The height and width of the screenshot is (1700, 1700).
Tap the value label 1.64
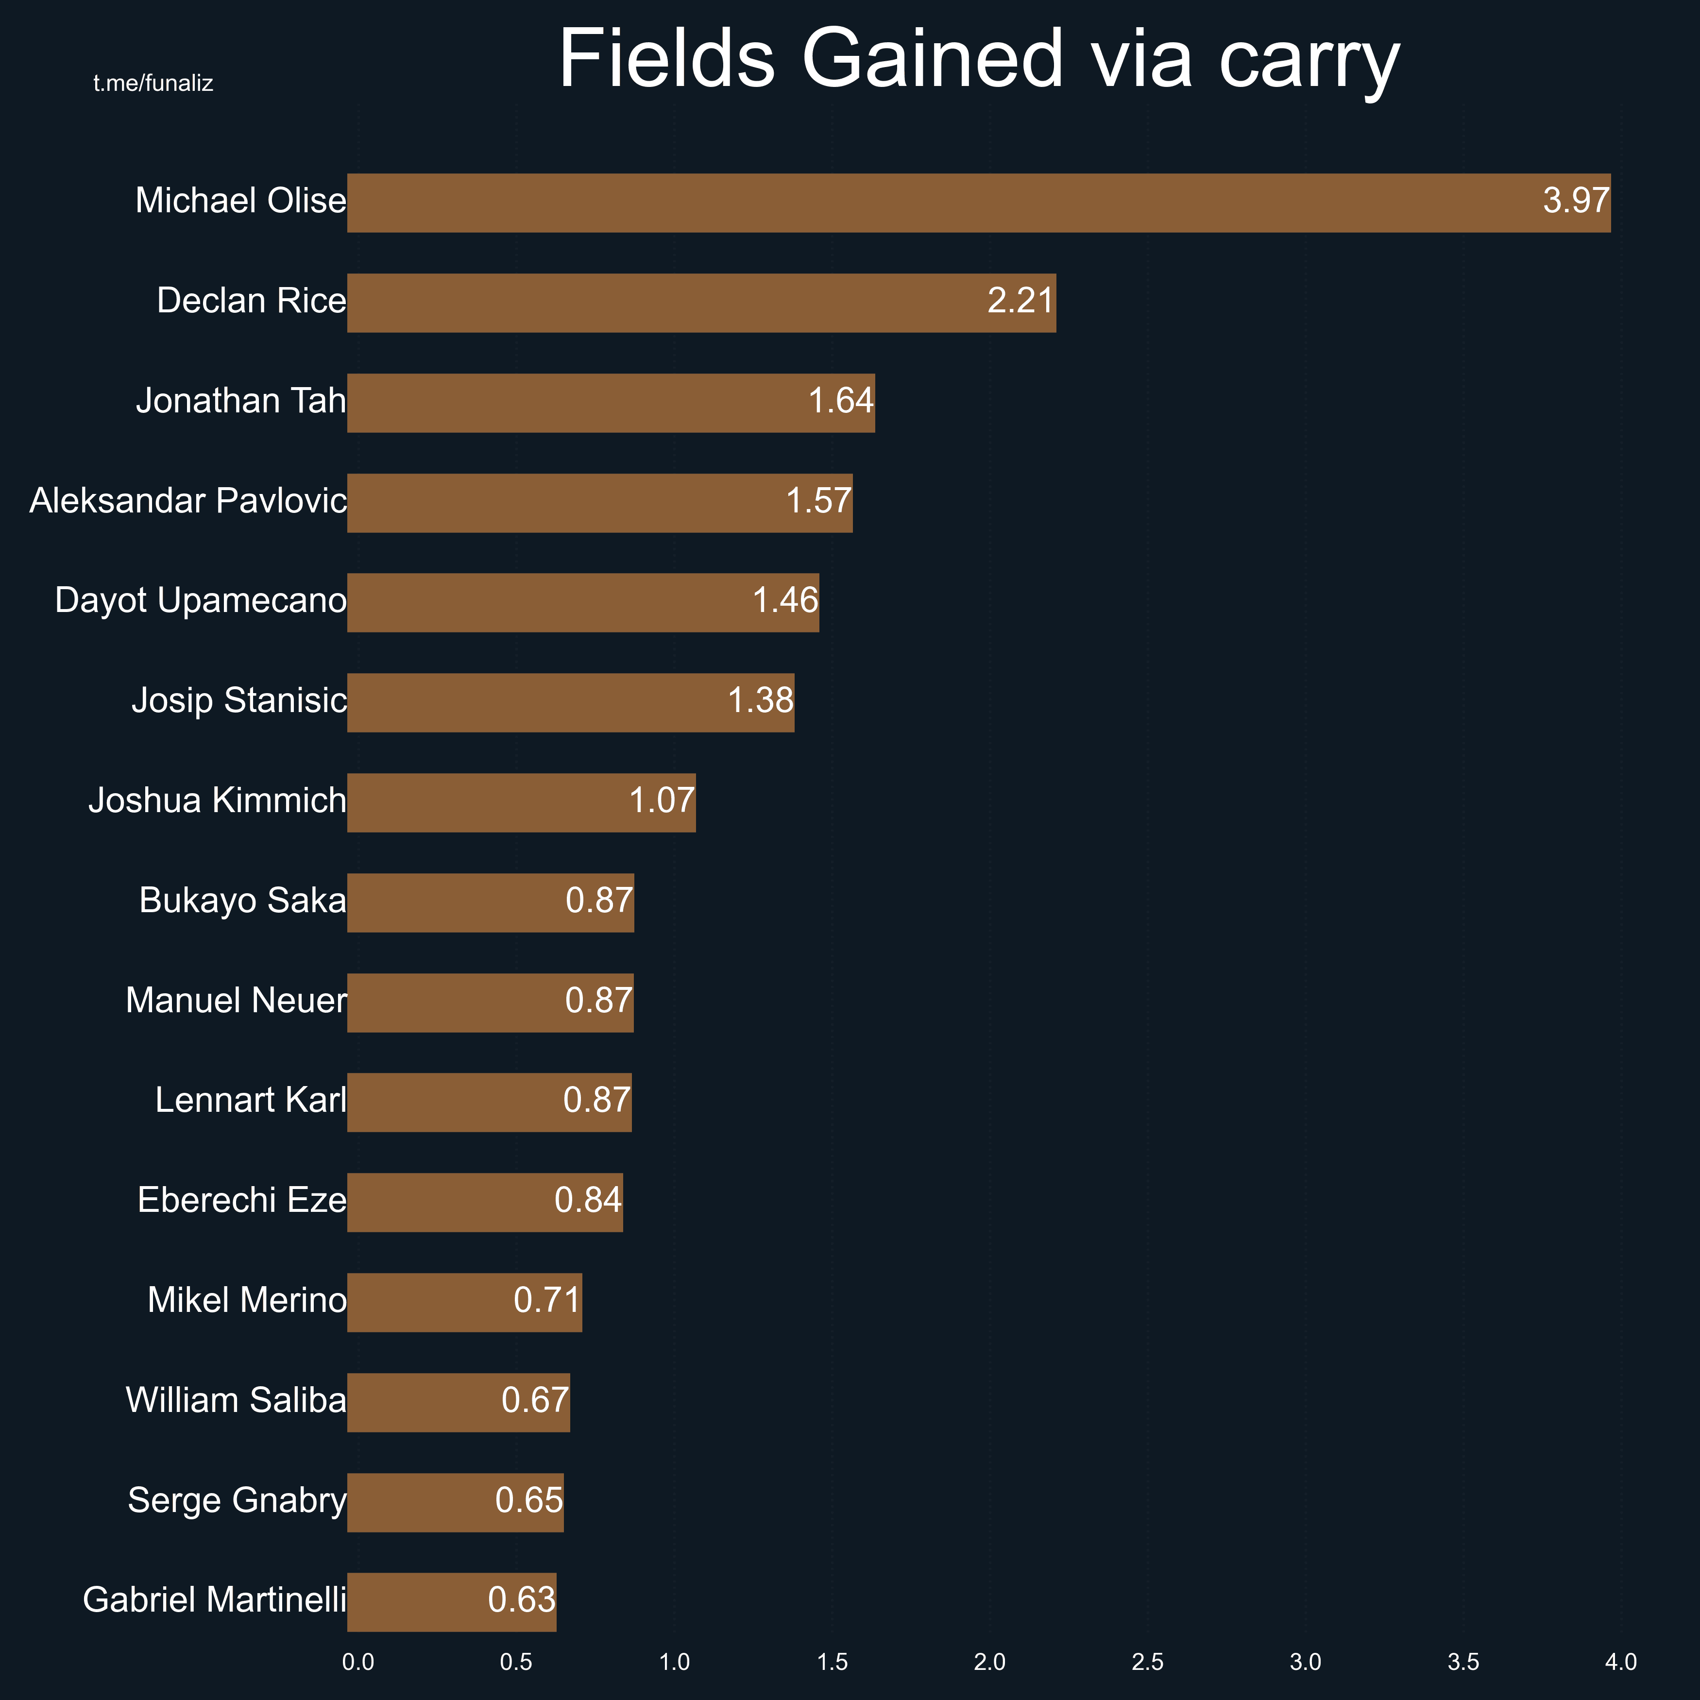[840, 401]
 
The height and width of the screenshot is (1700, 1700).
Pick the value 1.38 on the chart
[760, 700]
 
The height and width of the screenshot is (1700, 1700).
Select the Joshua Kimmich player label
[217, 801]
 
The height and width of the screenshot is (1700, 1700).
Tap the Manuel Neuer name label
[236, 1001]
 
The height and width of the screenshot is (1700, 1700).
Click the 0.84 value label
[588, 1200]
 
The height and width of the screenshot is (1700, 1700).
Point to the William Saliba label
[236, 1400]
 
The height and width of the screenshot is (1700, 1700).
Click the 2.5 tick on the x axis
[1147, 1662]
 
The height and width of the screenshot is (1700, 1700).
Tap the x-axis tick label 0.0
[357, 1662]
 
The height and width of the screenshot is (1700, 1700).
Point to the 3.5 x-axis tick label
[1463, 1662]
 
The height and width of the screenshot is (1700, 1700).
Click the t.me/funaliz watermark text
[153, 84]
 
